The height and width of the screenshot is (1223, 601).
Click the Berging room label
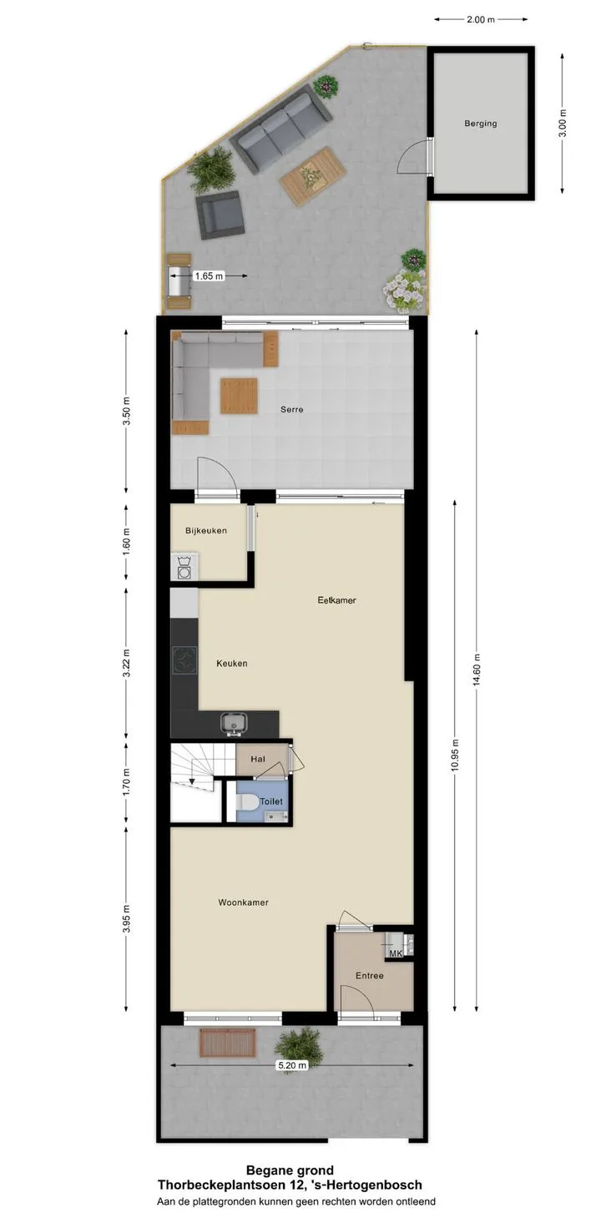480,124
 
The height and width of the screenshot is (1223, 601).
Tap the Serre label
292,410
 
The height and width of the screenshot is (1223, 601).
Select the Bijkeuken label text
206,530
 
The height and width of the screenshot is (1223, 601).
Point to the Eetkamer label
336,600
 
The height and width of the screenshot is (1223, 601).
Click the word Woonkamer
244,902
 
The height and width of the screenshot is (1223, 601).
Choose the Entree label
370,976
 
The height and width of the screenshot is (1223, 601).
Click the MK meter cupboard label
396,954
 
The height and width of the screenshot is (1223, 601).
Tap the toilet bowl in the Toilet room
247,802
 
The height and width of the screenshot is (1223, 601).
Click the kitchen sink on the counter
235,724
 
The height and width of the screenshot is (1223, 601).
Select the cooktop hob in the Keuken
184,661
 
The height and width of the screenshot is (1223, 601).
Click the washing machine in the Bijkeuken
184,567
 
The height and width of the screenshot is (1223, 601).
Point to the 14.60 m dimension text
477,670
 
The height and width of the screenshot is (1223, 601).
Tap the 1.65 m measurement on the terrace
209,276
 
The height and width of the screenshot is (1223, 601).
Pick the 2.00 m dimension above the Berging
481,20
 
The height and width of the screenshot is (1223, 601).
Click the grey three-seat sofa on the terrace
280,132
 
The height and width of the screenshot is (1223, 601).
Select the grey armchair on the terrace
220,215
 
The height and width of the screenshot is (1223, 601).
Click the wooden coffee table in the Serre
239,396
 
